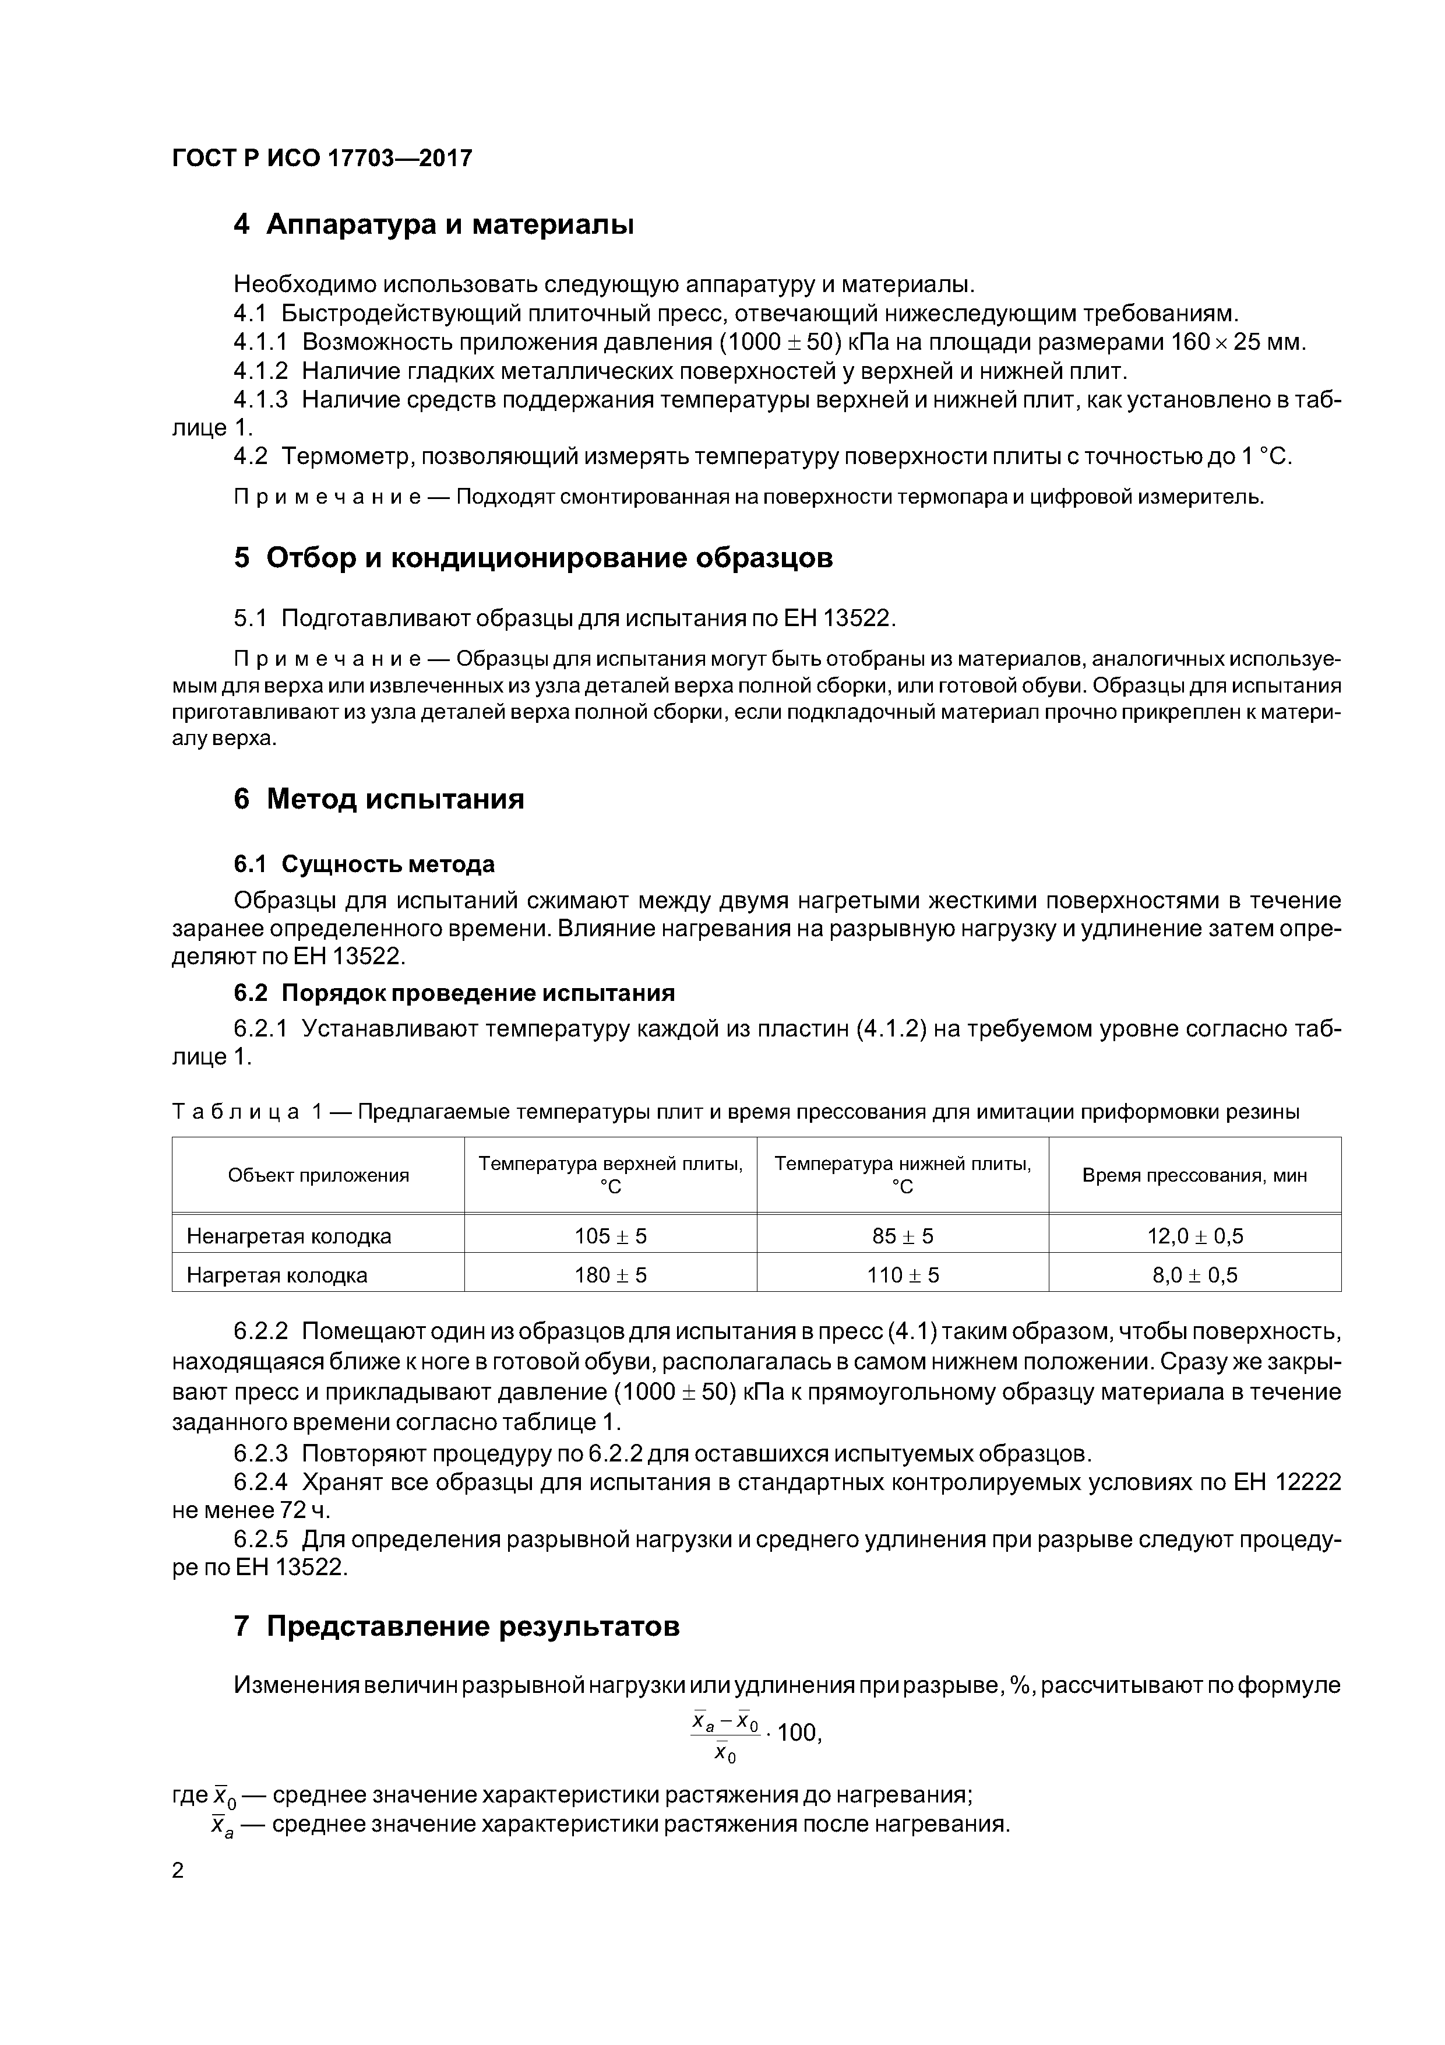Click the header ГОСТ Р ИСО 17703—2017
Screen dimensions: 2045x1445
322,159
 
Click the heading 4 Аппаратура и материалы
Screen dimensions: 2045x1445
433,224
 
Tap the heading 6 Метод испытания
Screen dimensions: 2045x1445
378,799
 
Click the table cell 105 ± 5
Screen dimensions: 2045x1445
610,1236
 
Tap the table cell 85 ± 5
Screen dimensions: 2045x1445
902,1236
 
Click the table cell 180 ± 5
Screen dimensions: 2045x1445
610,1276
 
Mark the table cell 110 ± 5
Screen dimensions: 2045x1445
902,1276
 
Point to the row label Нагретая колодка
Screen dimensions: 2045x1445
277,1276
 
